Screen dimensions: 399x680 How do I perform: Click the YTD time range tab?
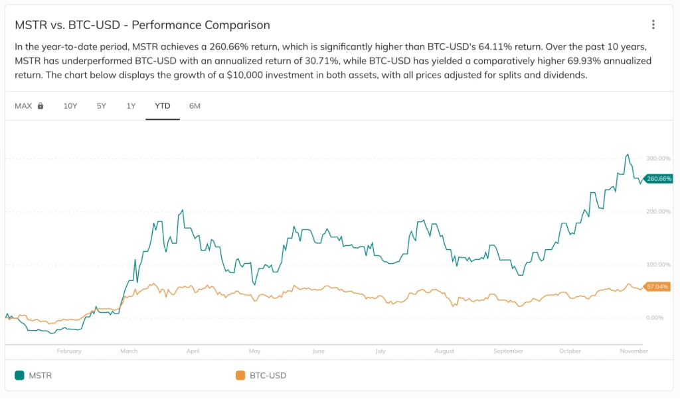(x=162, y=106)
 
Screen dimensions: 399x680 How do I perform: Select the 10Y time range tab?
(x=70, y=106)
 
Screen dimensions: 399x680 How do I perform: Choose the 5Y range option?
(x=102, y=106)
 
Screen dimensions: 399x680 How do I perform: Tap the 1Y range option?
(x=131, y=106)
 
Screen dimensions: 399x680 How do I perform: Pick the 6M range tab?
(x=195, y=106)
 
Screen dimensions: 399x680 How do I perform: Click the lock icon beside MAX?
(x=41, y=106)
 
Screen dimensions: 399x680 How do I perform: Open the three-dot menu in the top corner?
(x=653, y=25)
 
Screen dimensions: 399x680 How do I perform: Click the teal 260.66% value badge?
(x=658, y=179)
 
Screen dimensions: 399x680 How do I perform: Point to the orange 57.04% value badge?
(x=657, y=287)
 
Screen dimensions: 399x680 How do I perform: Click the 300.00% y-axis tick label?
(x=657, y=158)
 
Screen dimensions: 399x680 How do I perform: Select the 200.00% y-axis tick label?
(x=657, y=211)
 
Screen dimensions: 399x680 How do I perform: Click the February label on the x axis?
(x=69, y=351)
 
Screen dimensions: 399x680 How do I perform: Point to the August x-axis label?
(x=444, y=351)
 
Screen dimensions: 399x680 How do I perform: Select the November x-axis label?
(x=634, y=351)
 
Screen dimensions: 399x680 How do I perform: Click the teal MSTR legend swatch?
(x=19, y=376)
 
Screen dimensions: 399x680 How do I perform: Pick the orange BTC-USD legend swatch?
(x=240, y=376)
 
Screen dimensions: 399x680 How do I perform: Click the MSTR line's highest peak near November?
(x=628, y=154)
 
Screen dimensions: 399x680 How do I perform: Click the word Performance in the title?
(x=163, y=25)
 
